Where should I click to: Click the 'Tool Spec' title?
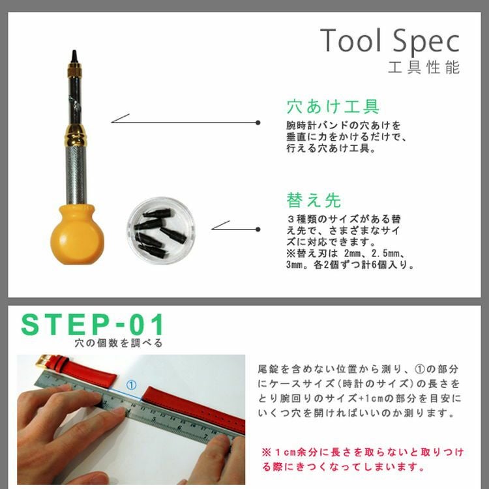[389, 41]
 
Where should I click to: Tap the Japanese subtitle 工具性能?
[424, 67]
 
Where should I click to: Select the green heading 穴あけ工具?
[333, 106]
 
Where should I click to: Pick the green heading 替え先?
[314, 200]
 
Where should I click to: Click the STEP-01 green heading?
[93, 324]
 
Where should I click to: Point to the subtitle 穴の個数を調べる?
[119, 343]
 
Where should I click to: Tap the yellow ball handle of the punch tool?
[77, 235]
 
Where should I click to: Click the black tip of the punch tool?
[74, 57]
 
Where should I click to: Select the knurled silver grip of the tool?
[76, 175]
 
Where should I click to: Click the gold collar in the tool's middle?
[75, 135]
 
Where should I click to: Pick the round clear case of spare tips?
[161, 230]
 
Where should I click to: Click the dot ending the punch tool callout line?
[258, 123]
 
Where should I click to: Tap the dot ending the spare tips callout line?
[258, 230]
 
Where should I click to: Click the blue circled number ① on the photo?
[131, 385]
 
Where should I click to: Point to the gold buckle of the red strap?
[42, 361]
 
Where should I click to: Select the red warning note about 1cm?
[363, 460]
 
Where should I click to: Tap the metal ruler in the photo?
[134, 406]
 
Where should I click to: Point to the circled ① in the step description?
[419, 369]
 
